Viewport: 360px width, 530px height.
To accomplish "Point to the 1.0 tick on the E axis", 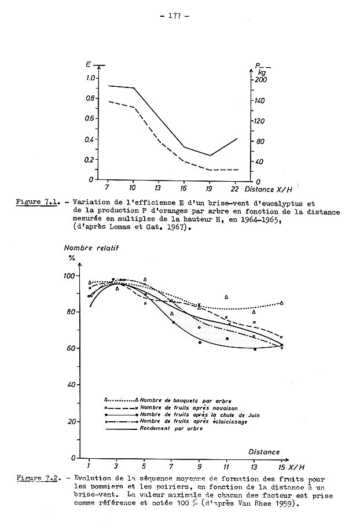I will tap(91, 78).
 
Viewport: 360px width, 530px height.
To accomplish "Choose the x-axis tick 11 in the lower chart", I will tap(226, 466).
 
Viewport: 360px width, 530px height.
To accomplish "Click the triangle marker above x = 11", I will tap(226, 297).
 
